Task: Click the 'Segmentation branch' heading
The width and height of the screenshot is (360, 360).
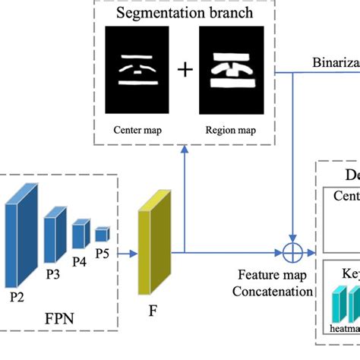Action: pyautogui.click(x=185, y=13)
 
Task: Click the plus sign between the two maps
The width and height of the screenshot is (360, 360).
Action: pyautogui.click(x=185, y=71)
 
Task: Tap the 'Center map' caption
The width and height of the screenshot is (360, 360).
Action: pyautogui.click(x=134, y=129)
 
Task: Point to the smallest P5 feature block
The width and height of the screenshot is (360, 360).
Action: pyautogui.click(x=102, y=232)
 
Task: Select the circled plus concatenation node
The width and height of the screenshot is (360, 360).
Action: pyautogui.click(x=293, y=251)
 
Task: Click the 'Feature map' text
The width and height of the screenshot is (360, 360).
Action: pyautogui.click(x=273, y=276)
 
